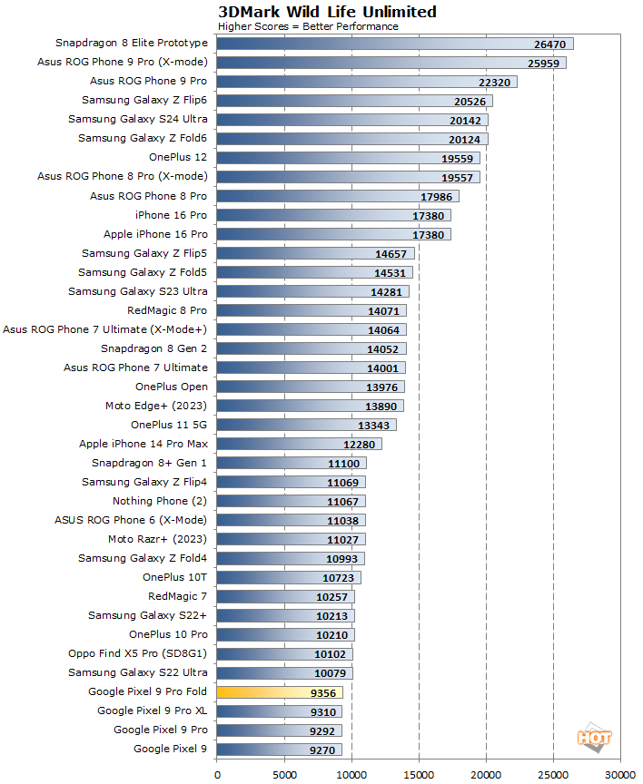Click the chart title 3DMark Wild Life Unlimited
click(x=327, y=12)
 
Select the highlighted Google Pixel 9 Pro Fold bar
click(x=280, y=691)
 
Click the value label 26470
click(x=550, y=44)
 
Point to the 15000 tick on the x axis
click(x=419, y=774)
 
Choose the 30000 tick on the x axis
click(x=620, y=774)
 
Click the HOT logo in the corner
click(x=595, y=740)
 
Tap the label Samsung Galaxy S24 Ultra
click(x=138, y=120)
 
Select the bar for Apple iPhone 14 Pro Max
click(x=299, y=444)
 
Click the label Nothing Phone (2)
click(x=160, y=501)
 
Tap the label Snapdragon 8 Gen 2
click(x=153, y=348)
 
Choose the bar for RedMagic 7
click(x=285, y=596)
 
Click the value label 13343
click(x=374, y=425)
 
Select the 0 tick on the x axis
click(x=217, y=774)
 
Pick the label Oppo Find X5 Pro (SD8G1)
click(x=138, y=653)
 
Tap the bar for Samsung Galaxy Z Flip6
click(x=354, y=101)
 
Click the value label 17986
click(x=437, y=196)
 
